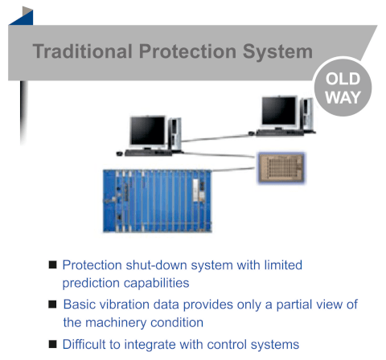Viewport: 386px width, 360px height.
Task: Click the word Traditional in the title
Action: click(x=83, y=51)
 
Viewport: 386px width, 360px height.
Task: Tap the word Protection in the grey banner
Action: click(x=187, y=51)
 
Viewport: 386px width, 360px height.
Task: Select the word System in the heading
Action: click(x=277, y=52)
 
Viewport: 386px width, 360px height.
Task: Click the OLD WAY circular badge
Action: click(x=343, y=88)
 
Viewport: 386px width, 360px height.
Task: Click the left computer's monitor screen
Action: click(x=148, y=131)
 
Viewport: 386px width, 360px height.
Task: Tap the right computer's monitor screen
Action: click(x=279, y=111)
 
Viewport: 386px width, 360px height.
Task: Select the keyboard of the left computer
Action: click(x=148, y=153)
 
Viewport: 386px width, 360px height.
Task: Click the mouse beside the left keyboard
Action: click(x=119, y=153)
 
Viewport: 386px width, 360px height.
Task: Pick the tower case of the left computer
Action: click(x=175, y=135)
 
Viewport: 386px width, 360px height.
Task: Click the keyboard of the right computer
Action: click(x=280, y=133)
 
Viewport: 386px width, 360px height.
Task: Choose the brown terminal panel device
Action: click(x=281, y=168)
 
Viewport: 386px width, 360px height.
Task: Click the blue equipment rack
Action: click(x=158, y=201)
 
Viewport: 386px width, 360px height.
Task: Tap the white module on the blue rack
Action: click(x=195, y=190)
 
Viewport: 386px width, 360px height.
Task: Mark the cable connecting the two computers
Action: click(x=216, y=138)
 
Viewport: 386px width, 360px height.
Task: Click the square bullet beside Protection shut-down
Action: click(x=52, y=265)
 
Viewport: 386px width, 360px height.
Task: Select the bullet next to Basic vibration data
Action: click(x=52, y=305)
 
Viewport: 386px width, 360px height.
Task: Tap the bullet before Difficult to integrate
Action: click(x=52, y=344)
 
